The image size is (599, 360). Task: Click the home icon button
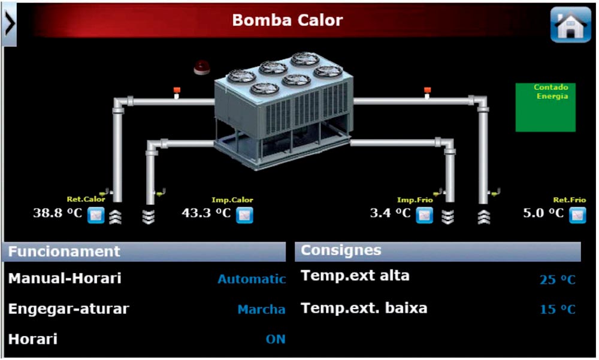coord(570,25)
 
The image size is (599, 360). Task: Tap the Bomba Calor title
coord(288,20)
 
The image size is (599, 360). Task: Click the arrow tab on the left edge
coord(9,24)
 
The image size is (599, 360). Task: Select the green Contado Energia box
coord(546,107)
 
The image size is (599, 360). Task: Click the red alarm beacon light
coord(202,67)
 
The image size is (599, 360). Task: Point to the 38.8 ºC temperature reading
coord(58,213)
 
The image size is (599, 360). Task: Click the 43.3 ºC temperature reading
coord(206,213)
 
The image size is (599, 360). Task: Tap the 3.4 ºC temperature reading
coord(390,213)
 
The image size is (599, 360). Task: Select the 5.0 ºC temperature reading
coord(543,213)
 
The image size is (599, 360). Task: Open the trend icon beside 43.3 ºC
coord(244,215)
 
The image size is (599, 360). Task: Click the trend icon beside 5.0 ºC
coord(577,215)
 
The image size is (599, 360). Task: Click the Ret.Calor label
coord(86,199)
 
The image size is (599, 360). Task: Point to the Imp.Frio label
coord(415,200)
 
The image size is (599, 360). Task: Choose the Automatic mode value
coord(252,279)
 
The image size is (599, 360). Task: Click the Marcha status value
coord(261,309)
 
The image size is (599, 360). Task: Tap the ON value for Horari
coord(276,339)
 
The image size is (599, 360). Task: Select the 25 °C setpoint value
coord(557,280)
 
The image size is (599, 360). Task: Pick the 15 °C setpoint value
coord(557,309)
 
